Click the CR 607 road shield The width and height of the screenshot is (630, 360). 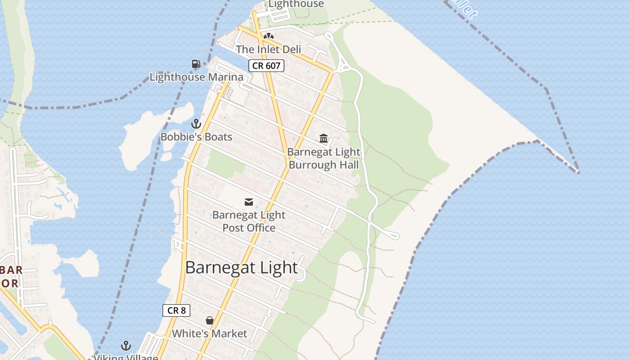click(x=266, y=66)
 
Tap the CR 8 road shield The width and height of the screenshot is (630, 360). click(x=176, y=310)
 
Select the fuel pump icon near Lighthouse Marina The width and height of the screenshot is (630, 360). click(x=196, y=64)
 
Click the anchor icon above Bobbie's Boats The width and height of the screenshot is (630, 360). click(x=196, y=123)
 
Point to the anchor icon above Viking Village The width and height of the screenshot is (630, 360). click(x=126, y=346)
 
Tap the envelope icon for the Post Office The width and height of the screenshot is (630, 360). click(x=249, y=202)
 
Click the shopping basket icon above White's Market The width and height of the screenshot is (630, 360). click(x=210, y=320)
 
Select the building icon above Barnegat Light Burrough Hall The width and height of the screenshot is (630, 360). click(x=324, y=138)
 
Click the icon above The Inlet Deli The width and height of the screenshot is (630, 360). click(x=269, y=36)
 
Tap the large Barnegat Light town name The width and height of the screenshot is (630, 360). click(x=242, y=267)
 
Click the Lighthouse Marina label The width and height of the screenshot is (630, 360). click(x=196, y=77)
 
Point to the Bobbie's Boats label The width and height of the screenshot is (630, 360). click(x=196, y=137)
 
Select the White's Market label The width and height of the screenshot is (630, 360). click(x=210, y=333)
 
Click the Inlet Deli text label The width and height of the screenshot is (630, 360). click(x=269, y=49)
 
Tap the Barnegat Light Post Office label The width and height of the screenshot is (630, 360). click(x=249, y=221)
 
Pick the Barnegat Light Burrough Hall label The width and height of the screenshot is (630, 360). click(x=324, y=158)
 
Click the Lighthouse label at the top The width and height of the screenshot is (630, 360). click(x=296, y=4)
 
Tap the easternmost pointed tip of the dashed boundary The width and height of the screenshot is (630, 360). click(x=578, y=172)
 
